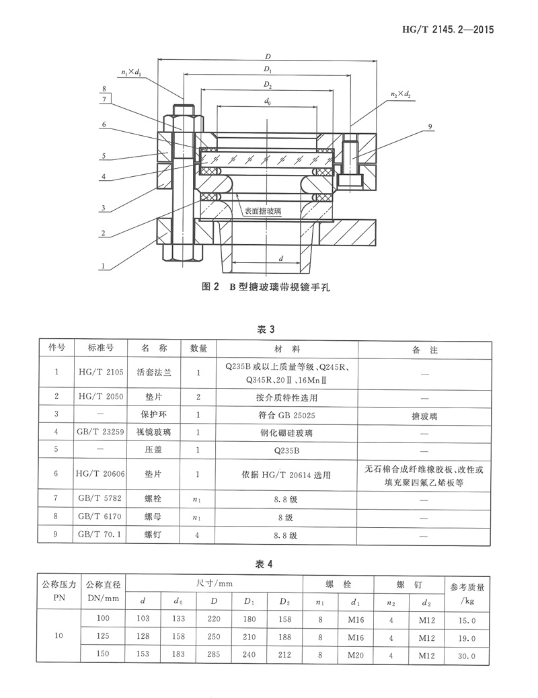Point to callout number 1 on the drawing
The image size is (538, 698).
(x=103, y=266)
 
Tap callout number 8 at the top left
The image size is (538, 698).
(x=105, y=89)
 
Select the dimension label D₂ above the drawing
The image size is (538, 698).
(x=268, y=85)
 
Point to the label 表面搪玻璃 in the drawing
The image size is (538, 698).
(x=263, y=210)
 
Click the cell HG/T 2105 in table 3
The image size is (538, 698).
(x=101, y=371)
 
